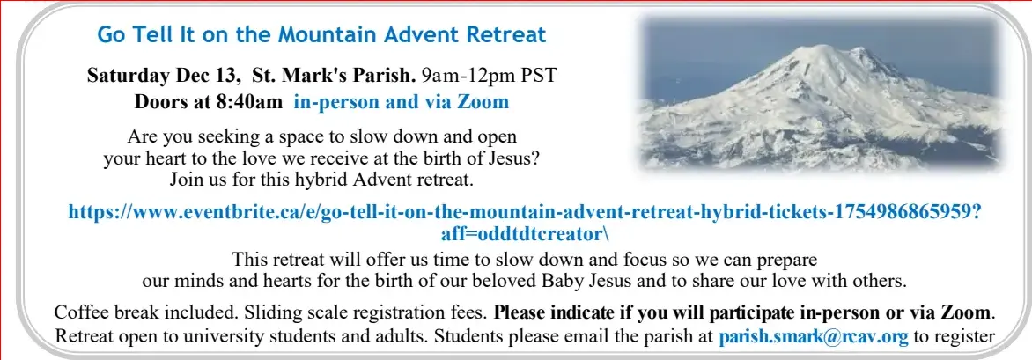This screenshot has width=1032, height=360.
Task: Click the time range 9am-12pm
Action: tap(468, 76)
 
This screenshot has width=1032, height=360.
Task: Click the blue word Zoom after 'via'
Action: tap(486, 102)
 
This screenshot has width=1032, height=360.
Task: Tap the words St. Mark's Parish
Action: tap(335, 76)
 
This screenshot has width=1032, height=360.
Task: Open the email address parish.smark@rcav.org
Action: tap(814, 336)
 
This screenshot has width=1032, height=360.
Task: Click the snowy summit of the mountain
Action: tap(822, 49)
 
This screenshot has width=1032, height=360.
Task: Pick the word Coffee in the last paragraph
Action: tap(79, 312)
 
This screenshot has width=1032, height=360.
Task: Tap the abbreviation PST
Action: tap(539, 76)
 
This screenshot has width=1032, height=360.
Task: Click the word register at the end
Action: tap(964, 336)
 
